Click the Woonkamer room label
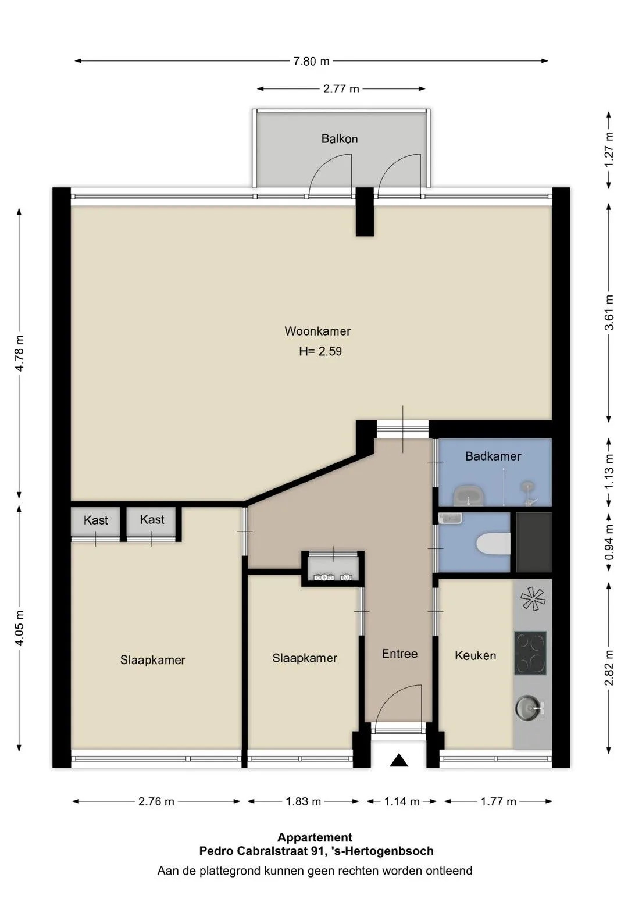point(317,331)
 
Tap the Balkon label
point(340,138)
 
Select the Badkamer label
point(493,456)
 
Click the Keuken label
point(475,655)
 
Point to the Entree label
point(399,654)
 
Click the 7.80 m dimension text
point(311,61)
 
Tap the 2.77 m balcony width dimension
point(341,89)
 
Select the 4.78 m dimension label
point(20,353)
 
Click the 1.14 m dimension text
point(401,802)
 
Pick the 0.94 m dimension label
point(609,542)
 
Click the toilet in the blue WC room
point(493,544)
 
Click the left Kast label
point(96,520)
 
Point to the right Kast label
point(152,519)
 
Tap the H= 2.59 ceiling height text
point(320,351)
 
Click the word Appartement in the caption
point(315,837)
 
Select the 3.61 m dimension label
point(609,312)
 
